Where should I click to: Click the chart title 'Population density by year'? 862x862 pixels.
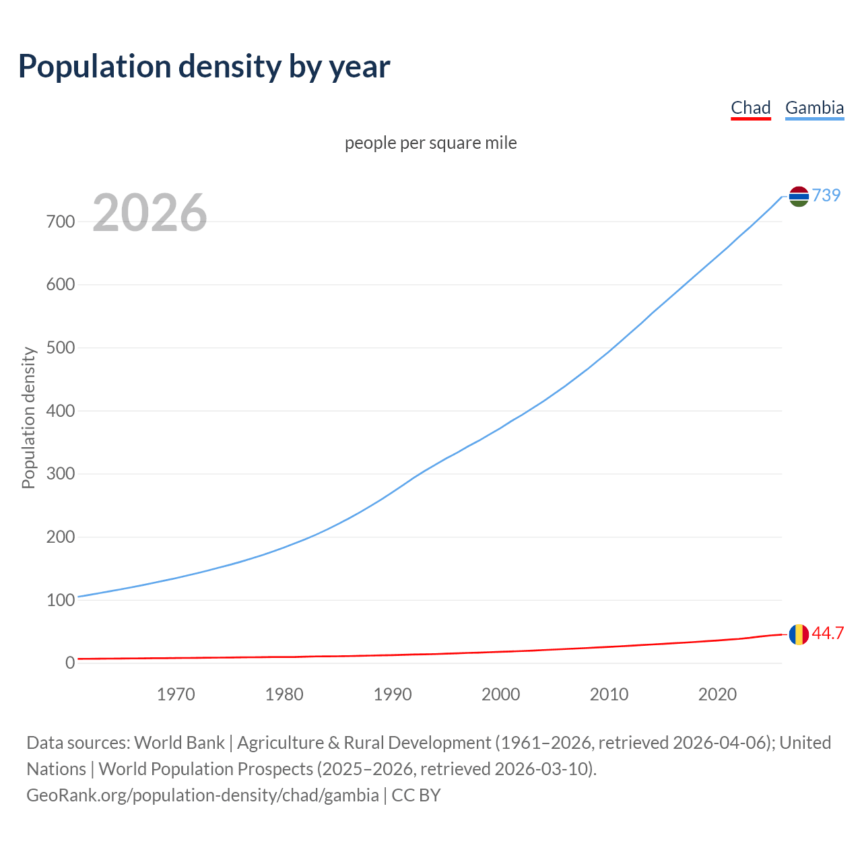point(204,67)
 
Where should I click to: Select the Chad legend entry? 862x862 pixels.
point(750,108)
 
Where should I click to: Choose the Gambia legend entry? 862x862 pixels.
point(814,108)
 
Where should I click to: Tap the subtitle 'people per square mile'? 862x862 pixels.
point(430,143)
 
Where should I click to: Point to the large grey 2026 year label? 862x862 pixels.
point(150,213)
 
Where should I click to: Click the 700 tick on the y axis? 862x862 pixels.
point(61,222)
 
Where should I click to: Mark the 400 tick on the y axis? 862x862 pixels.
point(61,411)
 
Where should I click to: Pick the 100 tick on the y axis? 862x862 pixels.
point(61,600)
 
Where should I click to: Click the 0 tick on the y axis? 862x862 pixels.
point(70,663)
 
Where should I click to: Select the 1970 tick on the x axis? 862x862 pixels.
point(176,694)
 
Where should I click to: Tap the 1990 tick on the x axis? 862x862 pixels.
point(393,694)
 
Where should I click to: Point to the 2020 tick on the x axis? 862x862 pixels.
point(717,694)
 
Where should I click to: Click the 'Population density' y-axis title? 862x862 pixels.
point(28,418)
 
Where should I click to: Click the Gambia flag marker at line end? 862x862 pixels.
point(799,196)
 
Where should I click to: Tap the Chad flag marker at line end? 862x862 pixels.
point(799,634)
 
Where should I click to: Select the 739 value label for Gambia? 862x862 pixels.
point(826,195)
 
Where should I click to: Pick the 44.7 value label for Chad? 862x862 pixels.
point(828,634)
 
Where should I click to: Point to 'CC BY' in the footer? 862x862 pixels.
point(416,795)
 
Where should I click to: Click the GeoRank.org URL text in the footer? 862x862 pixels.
point(202,795)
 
